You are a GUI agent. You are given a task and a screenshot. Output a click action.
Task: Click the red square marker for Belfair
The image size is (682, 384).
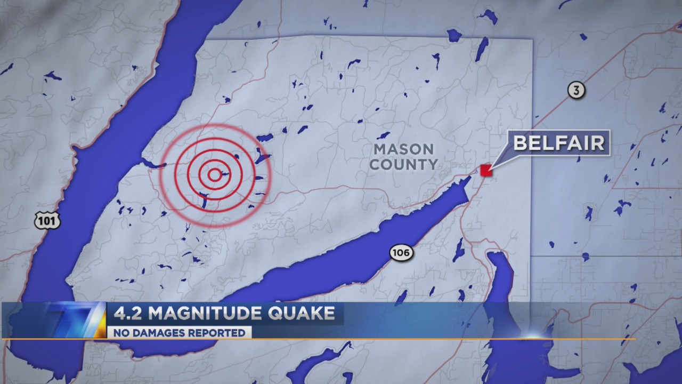485,170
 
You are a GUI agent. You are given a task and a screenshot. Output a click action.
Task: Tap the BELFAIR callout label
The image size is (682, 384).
559,143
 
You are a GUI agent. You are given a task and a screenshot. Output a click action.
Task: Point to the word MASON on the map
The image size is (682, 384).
403,149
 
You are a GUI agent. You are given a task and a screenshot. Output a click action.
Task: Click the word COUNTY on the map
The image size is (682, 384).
403,164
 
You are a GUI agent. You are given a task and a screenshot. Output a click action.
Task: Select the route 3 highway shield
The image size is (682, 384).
575,91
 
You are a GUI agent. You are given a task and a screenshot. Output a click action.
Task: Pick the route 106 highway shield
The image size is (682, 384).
401,253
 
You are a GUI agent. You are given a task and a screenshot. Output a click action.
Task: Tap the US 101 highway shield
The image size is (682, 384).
47,220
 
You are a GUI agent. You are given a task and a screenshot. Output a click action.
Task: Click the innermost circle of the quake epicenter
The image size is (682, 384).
214,174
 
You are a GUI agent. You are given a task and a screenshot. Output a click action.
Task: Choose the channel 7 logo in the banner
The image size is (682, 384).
75,320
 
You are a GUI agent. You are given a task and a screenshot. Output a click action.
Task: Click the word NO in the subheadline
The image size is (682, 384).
118,333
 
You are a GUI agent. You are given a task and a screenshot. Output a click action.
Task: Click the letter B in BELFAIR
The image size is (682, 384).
521,143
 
